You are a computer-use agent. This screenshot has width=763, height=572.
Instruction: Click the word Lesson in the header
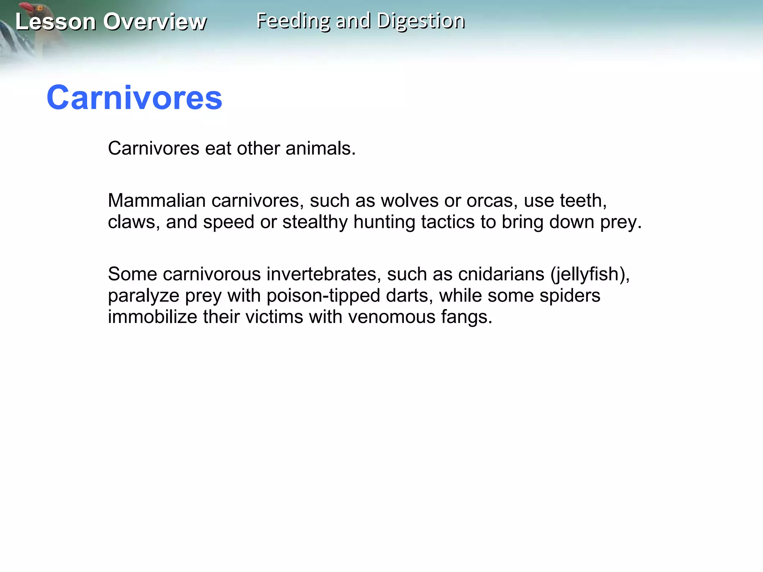tap(56, 22)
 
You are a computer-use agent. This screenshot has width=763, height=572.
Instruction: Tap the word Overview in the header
tap(155, 22)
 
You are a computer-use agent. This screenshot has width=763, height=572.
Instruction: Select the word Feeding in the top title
tap(293, 20)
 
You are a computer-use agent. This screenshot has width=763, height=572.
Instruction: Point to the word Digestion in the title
tap(421, 21)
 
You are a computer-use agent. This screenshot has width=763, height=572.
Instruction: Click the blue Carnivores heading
tap(134, 98)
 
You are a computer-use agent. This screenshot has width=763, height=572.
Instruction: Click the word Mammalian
tap(156, 200)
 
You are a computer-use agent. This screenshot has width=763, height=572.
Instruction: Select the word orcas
tap(492, 200)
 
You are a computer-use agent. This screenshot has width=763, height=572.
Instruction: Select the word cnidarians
tap(501, 274)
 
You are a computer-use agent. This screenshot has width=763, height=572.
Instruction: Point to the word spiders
tap(570, 296)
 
